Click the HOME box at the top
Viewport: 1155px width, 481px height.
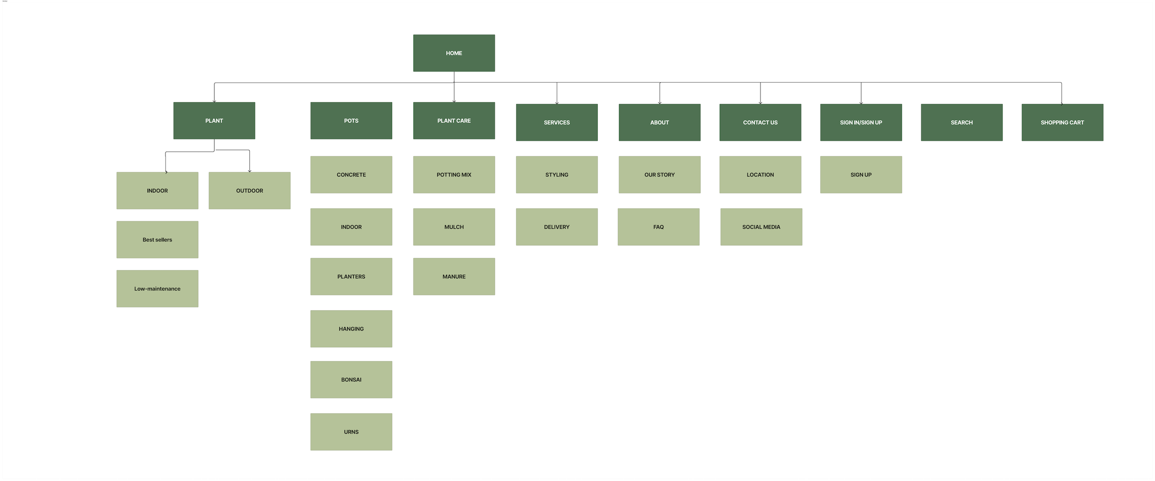point(454,53)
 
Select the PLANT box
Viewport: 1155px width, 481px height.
point(214,120)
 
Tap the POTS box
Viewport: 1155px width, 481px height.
point(351,120)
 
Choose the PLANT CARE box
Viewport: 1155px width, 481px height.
point(454,120)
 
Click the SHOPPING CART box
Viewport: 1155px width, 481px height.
point(1062,122)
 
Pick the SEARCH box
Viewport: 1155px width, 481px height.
point(961,122)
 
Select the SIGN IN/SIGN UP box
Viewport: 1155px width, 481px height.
point(861,122)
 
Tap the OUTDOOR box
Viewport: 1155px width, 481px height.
point(249,191)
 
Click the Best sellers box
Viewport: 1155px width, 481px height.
point(157,240)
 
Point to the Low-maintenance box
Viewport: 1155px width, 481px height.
point(157,289)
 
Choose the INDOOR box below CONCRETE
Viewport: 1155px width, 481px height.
point(351,227)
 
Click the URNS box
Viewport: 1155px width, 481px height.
point(351,432)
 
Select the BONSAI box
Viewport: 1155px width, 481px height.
point(351,379)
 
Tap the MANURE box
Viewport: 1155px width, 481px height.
point(454,277)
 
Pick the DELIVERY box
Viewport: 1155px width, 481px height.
point(557,227)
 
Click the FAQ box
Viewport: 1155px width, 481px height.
point(658,227)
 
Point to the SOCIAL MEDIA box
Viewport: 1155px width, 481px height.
point(761,227)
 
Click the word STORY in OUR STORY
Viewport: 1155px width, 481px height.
point(666,175)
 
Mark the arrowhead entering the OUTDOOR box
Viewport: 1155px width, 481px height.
point(249,171)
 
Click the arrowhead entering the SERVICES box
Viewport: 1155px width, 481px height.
point(557,102)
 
